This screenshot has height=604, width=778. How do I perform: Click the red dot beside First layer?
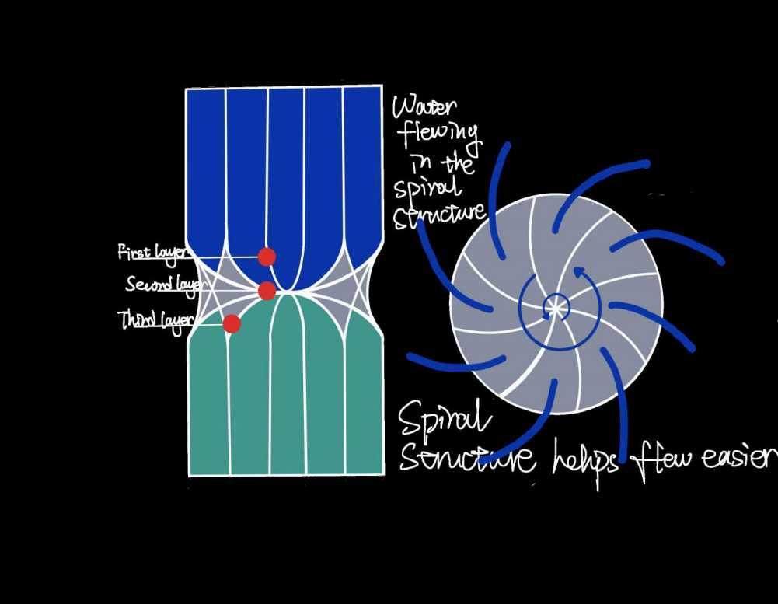267,257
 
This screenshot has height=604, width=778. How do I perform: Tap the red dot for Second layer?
267,291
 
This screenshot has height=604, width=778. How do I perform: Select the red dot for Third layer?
232,323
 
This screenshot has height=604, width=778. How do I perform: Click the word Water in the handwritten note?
425,107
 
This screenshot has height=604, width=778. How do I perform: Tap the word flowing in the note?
439,138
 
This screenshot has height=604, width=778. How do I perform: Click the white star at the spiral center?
554,308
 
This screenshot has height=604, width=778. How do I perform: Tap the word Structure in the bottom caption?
466,459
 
